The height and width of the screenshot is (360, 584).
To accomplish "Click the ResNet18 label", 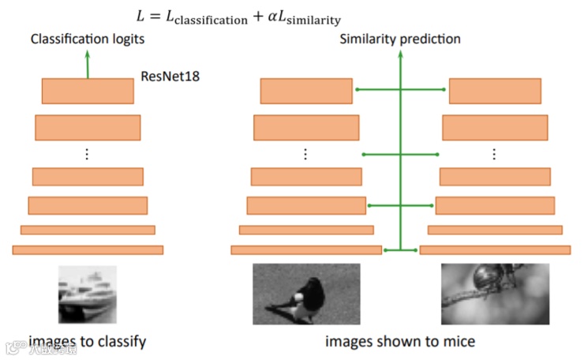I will pos(170,77).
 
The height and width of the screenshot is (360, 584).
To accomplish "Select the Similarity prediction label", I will pos(400,39).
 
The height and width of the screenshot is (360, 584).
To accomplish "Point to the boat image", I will pos(87,294).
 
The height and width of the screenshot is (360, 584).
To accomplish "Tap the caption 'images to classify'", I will pos(88,342).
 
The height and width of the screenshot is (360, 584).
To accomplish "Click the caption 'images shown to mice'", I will pos(400,342).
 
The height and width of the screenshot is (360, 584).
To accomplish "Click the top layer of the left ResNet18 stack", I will pos(88,92).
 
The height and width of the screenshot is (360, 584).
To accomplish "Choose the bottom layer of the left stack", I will pos(88,249).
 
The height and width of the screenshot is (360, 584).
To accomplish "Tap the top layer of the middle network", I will pos(306,92).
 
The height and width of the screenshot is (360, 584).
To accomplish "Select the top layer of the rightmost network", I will pos(495,92).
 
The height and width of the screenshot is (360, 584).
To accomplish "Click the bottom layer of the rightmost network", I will pos(495,249).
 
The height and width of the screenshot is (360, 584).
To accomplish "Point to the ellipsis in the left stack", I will pos(88,154).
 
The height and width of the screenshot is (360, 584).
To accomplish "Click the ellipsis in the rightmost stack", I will pos(495,154).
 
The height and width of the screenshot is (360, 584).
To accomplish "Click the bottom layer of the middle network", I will pos(306,249).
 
